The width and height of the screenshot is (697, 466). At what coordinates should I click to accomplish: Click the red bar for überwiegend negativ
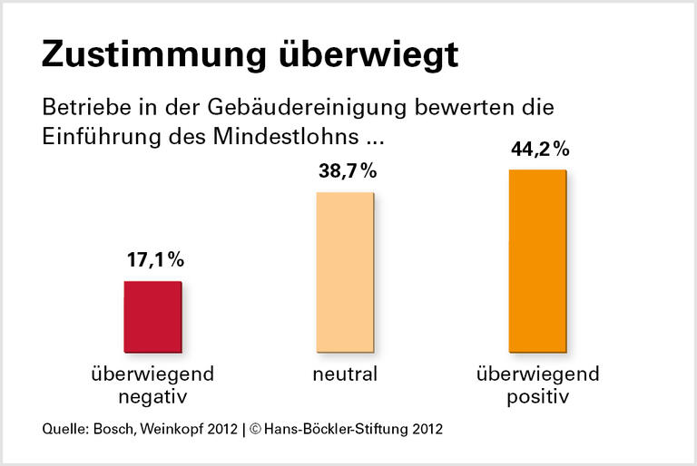pyautogui.click(x=152, y=316)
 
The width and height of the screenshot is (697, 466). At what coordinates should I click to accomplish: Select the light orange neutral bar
pyautogui.click(x=344, y=272)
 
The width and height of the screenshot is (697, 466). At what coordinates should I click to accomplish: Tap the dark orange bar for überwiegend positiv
pyautogui.click(x=537, y=259)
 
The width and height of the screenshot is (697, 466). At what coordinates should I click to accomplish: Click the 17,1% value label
pyautogui.click(x=155, y=260)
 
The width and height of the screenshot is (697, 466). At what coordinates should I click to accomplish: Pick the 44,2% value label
pyautogui.click(x=539, y=149)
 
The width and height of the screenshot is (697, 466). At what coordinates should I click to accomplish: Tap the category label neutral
pyautogui.click(x=346, y=374)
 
